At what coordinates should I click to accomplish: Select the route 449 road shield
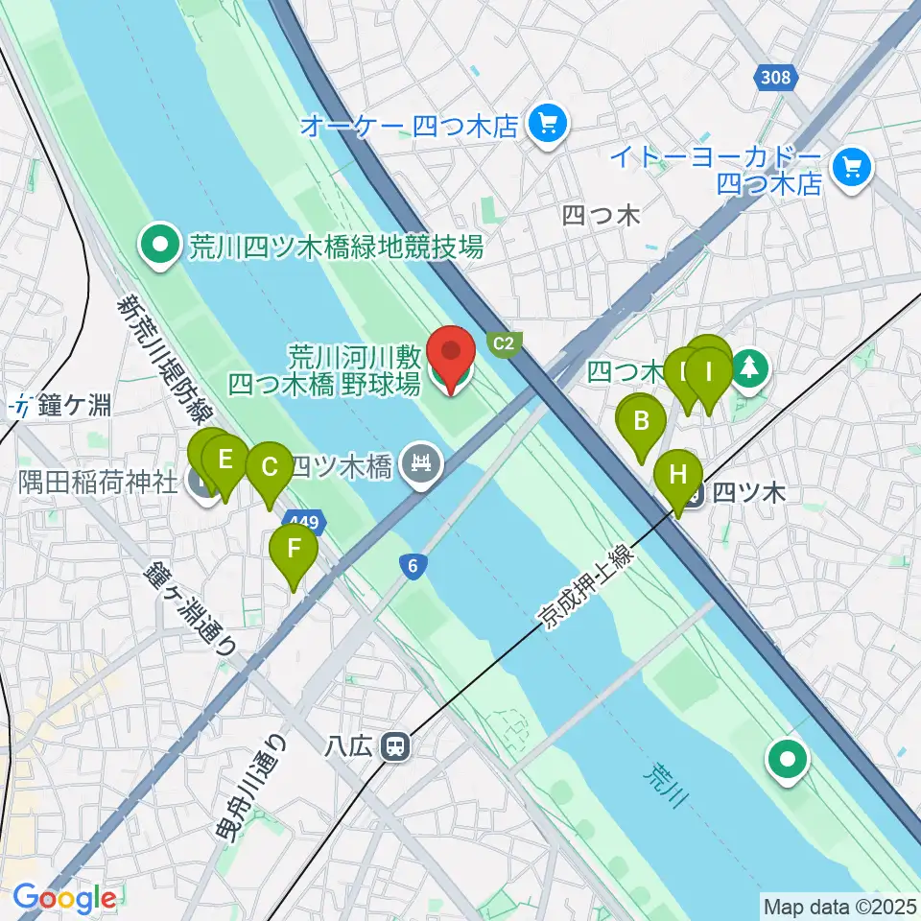pos(313,523)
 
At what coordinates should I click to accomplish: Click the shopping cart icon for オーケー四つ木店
pos(549,125)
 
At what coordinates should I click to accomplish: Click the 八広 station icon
pos(393,745)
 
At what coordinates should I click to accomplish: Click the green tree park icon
pos(749,369)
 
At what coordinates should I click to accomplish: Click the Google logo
pos(64,899)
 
